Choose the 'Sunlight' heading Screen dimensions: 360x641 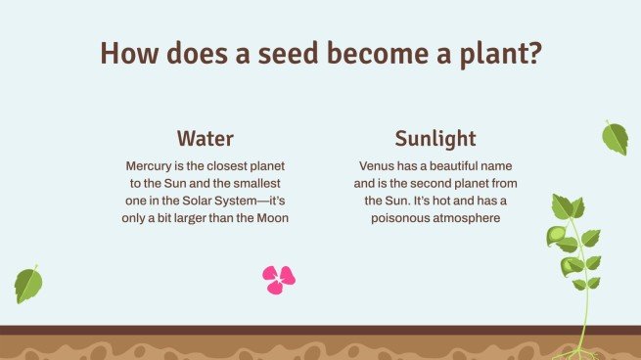[435, 138]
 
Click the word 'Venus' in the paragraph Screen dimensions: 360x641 [380, 165]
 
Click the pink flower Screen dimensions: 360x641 [278, 280]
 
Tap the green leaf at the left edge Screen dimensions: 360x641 [28, 285]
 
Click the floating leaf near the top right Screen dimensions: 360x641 [615, 138]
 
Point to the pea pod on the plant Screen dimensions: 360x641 [556, 236]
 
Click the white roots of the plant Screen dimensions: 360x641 [580, 350]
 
